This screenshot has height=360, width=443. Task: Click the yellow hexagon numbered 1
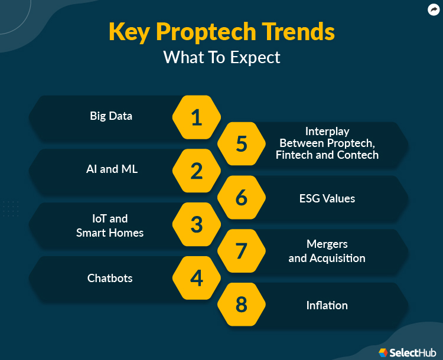click(x=197, y=117)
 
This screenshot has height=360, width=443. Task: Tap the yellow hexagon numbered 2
click(x=197, y=171)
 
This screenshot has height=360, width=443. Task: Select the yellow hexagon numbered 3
click(x=197, y=224)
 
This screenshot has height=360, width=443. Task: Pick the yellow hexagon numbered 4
click(x=197, y=278)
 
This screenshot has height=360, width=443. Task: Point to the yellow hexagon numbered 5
click(x=242, y=144)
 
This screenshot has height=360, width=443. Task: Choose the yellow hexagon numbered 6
click(x=242, y=197)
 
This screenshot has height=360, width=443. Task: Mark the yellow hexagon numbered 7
click(x=242, y=251)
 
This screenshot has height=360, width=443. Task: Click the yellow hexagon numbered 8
click(x=242, y=305)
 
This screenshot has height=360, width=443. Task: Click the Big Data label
click(x=111, y=116)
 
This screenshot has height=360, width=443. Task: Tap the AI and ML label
click(x=112, y=169)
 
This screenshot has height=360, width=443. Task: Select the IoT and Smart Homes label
click(x=110, y=226)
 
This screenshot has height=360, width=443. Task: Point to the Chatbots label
click(x=110, y=279)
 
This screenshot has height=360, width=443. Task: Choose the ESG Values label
click(x=327, y=198)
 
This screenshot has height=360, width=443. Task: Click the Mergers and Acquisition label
click(x=327, y=251)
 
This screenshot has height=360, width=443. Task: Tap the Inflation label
click(x=327, y=306)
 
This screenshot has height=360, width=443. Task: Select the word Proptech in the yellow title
click(x=206, y=32)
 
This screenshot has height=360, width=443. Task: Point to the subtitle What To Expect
click(x=221, y=58)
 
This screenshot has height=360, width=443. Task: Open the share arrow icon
click(x=434, y=9)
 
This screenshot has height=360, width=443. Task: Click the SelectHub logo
click(x=408, y=352)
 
